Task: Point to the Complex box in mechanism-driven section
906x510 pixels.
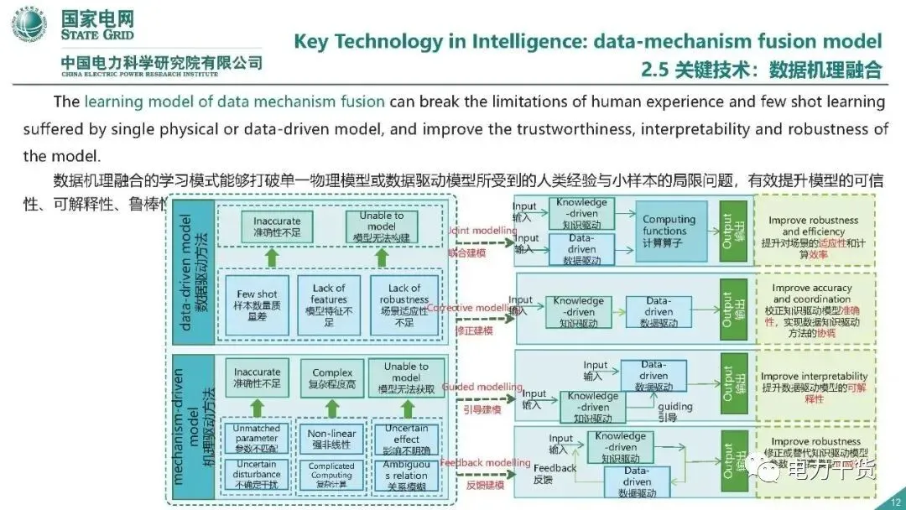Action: (332, 379)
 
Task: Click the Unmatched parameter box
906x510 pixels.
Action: (257, 438)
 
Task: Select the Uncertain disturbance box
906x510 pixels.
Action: (257, 475)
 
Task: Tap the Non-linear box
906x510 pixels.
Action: (332, 438)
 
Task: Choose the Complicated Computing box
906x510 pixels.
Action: (332, 475)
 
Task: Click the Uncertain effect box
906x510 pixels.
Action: (406, 438)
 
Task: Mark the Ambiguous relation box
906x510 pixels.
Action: (406, 475)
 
